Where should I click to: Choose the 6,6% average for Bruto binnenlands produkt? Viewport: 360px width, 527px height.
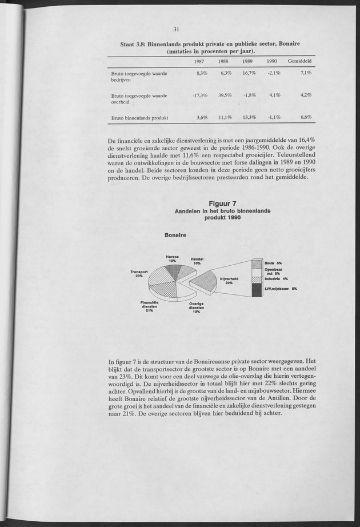click(x=306, y=117)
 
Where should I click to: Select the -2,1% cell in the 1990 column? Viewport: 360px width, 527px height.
click(x=273, y=73)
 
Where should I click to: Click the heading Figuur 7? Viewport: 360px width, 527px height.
click(x=223, y=203)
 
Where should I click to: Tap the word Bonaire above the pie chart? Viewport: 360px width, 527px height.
click(x=177, y=235)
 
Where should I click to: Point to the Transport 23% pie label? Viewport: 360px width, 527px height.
click(x=139, y=274)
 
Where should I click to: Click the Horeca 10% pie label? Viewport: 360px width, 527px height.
click(x=172, y=259)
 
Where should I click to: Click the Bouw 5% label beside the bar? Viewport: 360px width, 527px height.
click(x=274, y=262)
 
